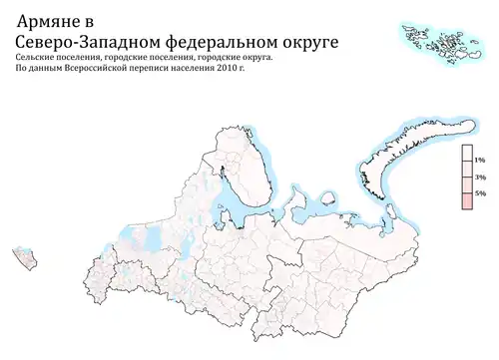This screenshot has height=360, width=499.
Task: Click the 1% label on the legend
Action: (479, 160)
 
